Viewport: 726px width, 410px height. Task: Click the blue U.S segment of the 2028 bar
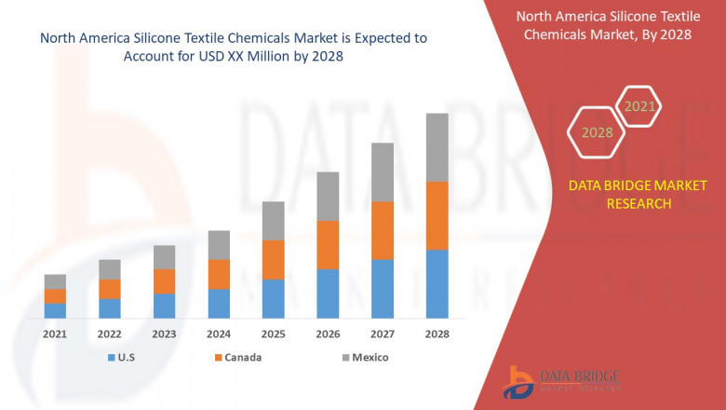(437, 284)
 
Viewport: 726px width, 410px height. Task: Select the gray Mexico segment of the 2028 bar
(437, 147)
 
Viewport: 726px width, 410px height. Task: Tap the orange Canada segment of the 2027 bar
(382, 230)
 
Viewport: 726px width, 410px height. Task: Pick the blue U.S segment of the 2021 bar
(55, 310)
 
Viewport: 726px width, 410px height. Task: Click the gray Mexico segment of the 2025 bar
(273, 221)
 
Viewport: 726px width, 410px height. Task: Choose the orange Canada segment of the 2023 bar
(164, 281)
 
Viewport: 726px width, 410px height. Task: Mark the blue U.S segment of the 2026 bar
(328, 294)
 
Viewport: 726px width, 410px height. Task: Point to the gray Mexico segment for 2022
(110, 269)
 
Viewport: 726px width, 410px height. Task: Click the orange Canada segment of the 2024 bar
(219, 274)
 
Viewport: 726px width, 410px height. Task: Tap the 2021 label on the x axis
(55, 334)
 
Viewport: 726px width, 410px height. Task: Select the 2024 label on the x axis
(219, 334)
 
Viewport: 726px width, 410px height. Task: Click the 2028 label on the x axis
(437, 334)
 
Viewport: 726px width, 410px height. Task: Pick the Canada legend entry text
(242, 358)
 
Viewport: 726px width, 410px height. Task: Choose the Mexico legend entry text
(370, 358)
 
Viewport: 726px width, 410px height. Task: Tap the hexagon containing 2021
(639, 107)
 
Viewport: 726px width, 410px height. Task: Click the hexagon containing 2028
(597, 132)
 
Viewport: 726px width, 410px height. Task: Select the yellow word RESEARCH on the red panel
(639, 203)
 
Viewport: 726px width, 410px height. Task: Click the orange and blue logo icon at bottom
(518, 383)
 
